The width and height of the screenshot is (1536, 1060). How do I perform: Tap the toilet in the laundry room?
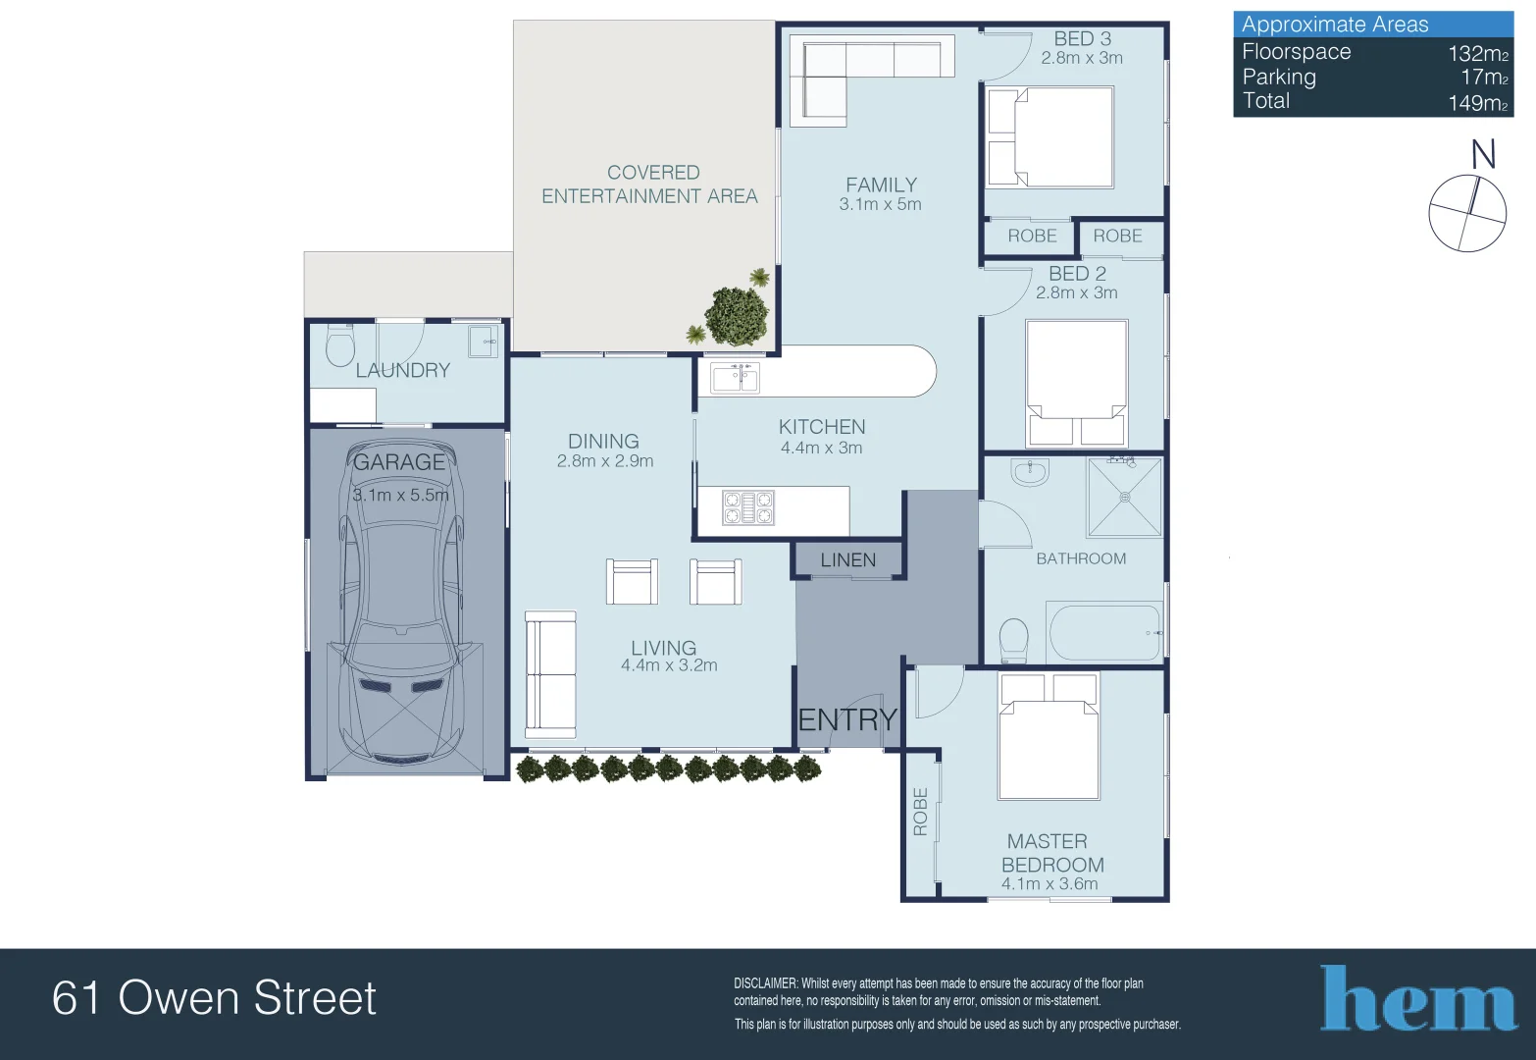[x=339, y=345]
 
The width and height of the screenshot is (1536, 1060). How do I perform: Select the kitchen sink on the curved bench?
[x=735, y=377]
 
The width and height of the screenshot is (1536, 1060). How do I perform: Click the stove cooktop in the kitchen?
[x=748, y=508]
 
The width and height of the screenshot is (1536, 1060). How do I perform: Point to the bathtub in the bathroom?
[x=1104, y=632]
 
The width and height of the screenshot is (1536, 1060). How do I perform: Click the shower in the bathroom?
[x=1124, y=497]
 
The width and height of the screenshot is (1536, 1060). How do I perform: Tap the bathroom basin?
[x=1030, y=472]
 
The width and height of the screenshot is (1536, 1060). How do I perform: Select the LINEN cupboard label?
[x=847, y=560]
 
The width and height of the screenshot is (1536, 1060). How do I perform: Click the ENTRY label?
[x=847, y=720]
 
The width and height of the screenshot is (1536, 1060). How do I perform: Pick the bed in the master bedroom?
[x=1049, y=736]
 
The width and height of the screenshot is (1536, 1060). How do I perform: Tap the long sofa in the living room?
[x=550, y=674]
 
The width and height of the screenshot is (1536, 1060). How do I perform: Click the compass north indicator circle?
[x=1466, y=213]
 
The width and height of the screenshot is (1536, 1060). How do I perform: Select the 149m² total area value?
[x=1477, y=103]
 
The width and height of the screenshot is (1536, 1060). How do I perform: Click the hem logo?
[x=1417, y=1000]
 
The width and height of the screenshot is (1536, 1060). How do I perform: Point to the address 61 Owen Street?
[x=214, y=998]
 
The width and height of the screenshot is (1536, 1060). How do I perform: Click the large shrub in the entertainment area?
[x=736, y=315]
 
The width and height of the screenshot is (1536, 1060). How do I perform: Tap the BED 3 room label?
[x=1082, y=39]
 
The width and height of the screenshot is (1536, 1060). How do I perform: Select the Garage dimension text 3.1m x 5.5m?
[x=400, y=496]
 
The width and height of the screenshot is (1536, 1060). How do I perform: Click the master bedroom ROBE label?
[x=920, y=812]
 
